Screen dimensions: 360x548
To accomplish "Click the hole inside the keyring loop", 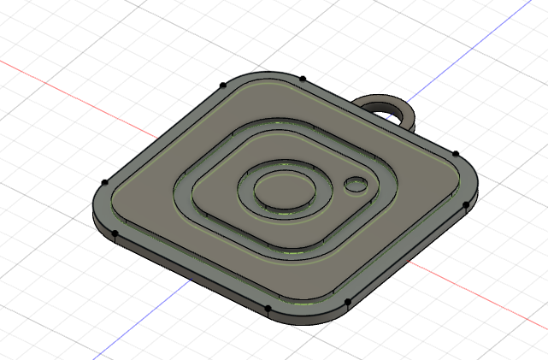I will point(386,109).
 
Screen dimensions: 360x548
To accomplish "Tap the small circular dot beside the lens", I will point(355,184).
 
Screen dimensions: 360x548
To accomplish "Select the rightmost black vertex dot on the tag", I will point(465,205).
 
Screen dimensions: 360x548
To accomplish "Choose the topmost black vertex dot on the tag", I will point(303,79).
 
